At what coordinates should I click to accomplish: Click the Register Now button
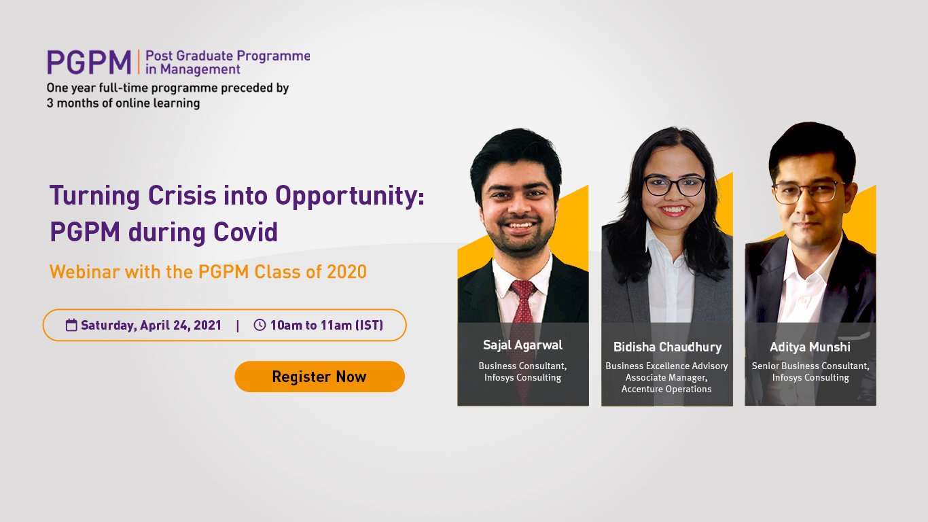coord(319,377)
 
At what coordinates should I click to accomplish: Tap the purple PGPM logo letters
coord(89,63)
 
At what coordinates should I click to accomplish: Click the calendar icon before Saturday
coord(71,325)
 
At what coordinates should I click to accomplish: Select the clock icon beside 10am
coord(260,325)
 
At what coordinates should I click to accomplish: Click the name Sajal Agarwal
coord(522,345)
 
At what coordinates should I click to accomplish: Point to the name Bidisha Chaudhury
coord(667,347)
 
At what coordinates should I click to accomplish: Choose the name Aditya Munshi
coord(810,347)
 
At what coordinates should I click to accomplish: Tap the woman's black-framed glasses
coord(674,186)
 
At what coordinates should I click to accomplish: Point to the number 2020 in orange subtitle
coord(346,272)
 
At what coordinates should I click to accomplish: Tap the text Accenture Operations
coord(666,389)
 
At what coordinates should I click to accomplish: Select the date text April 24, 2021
coord(181,325)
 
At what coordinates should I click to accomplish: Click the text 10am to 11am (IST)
coord(326,325)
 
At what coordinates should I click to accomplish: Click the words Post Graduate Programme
coord(228,56)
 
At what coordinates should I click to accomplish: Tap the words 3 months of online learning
coord(123,103)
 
